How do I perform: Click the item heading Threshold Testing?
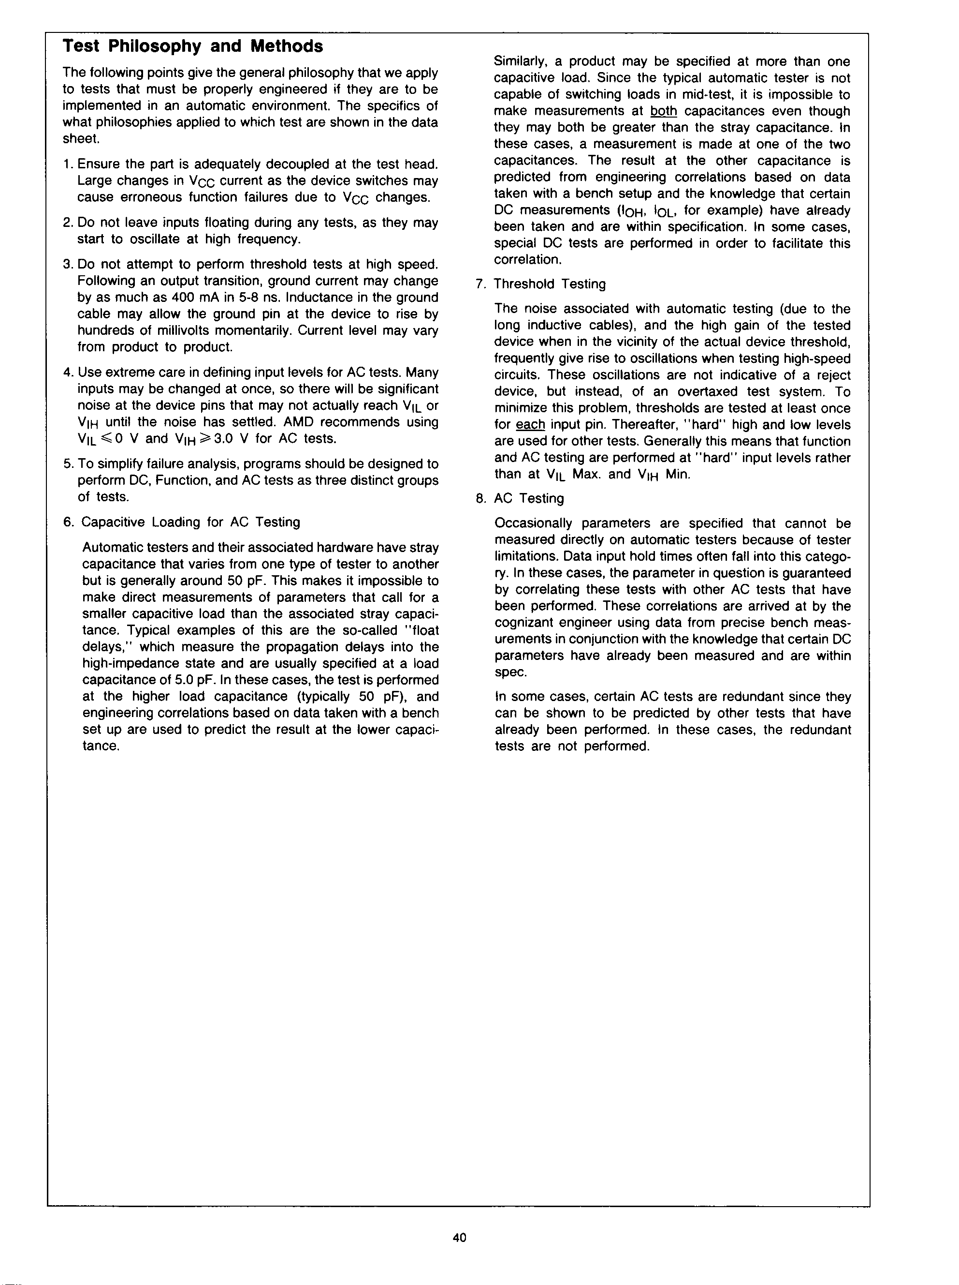pos(549,284)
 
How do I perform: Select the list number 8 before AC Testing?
pos(479,498)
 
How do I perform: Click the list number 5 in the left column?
pos(67,464)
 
